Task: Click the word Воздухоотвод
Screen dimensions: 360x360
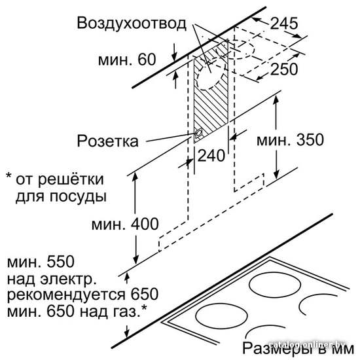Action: (132, 24)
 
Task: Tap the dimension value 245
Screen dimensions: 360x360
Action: (284, 23)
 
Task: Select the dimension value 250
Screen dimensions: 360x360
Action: (284, 69)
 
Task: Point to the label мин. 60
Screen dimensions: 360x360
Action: (127, 59)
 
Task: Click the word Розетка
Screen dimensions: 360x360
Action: (108, 141)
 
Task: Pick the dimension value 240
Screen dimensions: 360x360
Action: (211, 155)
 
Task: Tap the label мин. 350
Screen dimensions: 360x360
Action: (290, 139)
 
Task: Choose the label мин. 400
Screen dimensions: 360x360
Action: (125, 224)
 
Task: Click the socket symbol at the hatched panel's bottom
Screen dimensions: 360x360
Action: (198, 134)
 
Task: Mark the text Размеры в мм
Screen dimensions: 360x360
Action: (298, 348)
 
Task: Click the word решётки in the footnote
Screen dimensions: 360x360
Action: (71, 179)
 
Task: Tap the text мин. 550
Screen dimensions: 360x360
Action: (41, 262)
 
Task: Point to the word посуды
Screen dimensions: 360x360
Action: (79, 197)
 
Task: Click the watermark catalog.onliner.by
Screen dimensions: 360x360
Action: (307, 344)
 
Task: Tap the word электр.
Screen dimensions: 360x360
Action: (69, 279)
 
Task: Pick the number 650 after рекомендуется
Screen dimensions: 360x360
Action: (145, 294)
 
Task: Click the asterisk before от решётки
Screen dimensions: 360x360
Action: (9, 176)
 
